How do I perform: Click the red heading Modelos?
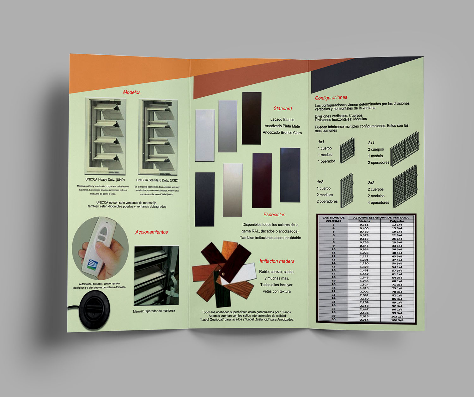click(x=132, y=92)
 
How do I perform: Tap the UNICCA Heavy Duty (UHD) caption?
click(x=105, y=180)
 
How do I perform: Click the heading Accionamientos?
click(x=151, y=232)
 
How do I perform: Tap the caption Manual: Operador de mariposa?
click(x=154, y=311)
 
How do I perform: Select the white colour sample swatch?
click(x=205, y=135)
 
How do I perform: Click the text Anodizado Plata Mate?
click(x=282, y=126)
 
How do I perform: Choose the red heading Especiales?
click(x=274, y=215)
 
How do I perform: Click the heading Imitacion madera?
click(x=277, y=261)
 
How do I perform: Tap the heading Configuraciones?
click(x=331, y=98)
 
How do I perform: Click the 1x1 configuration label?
click(x=321, y=142)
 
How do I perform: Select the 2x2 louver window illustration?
click(x=405, y=187)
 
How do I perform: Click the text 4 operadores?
click(x=378, y=202)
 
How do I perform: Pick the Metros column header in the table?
click(x=364, y=221)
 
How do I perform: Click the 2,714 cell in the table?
click(x=364, y=320)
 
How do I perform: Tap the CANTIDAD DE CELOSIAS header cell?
click(x=333, y=219)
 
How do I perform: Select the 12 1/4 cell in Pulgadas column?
click(x=397, y=225)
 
